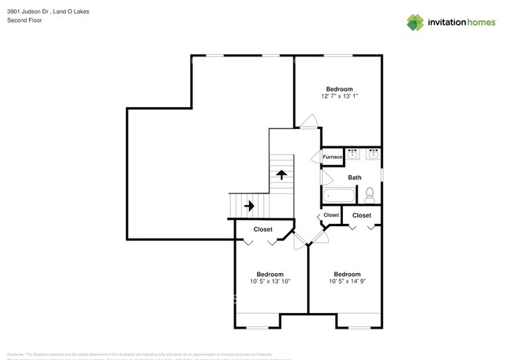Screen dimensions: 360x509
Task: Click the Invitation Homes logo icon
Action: tap(416, 22)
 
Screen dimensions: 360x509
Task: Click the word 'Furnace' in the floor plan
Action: tap(332, 157)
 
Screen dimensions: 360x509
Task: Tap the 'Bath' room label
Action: tap(355, 178)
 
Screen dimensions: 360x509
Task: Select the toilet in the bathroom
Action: tap(371, 193)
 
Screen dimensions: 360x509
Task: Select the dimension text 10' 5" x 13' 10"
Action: tap(270, 281)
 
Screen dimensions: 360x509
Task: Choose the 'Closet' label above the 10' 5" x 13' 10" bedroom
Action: tap(262, 229)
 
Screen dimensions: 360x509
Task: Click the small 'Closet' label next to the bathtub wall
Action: tap(331, 214)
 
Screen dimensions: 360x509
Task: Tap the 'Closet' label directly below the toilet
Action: tap(362, 215)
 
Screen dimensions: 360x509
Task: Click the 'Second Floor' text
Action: tap(24, 21)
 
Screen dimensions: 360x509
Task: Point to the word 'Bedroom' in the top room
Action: tap(339, 88)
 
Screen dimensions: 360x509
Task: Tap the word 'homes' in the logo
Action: tap(480, 23)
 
